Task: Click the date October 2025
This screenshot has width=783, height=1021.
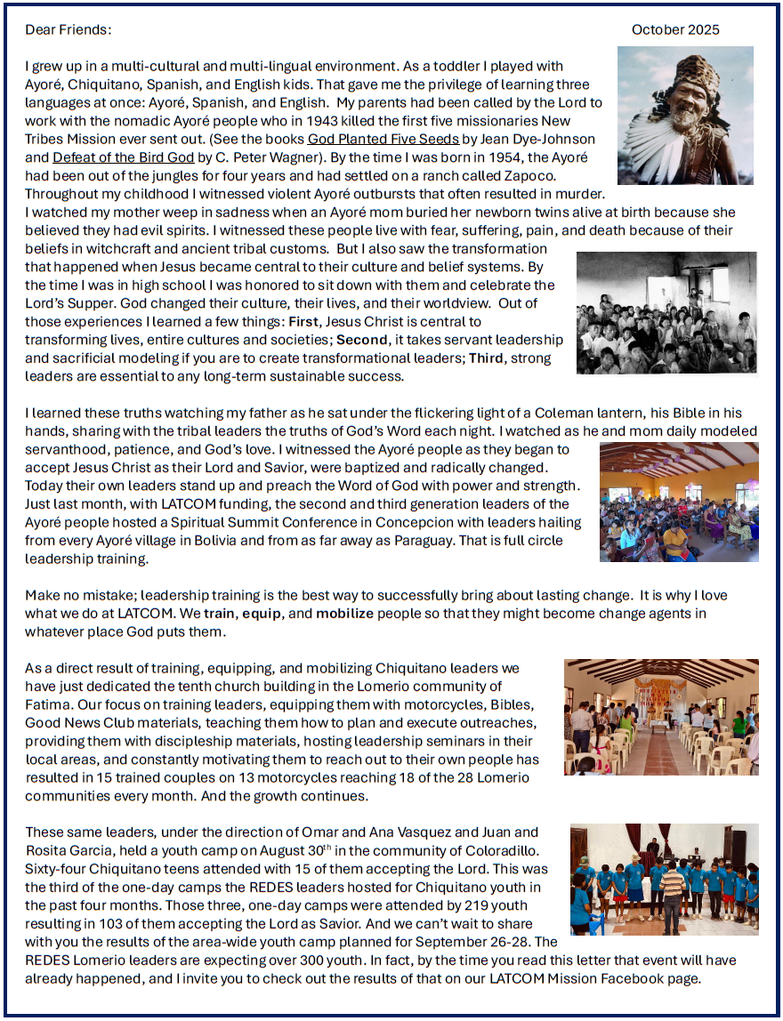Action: coord(675,30)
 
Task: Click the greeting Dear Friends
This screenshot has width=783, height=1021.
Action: coord(69,30)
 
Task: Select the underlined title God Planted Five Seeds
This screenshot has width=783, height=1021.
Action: coord(383,140)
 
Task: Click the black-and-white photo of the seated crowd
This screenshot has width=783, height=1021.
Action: coord(666,312)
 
